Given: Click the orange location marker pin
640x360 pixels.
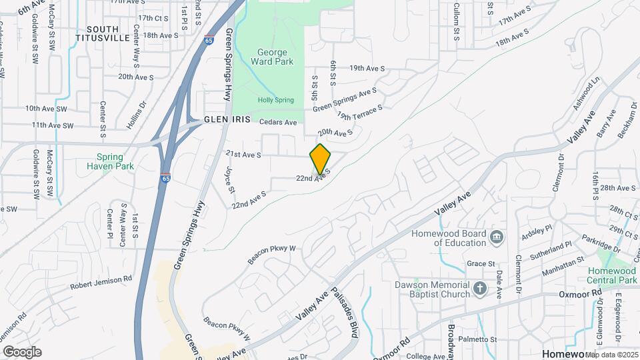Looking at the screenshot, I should pyautogui.click(x=320, y=159).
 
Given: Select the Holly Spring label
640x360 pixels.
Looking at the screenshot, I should pyautogui.click(x=275, y=100).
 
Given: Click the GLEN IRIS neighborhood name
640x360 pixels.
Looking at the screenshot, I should pyautogui.click(x=227, y=120).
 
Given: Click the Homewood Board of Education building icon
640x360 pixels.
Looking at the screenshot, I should pyautogui.click(x=497, y=237).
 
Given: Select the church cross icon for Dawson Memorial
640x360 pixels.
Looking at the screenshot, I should pyautogui.click(x=480, y=289).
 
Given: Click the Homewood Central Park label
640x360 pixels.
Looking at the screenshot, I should pyautogui.click(x=612, y=275).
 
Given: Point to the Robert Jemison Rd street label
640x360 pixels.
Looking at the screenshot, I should pyautogui.click(x=101, y=283).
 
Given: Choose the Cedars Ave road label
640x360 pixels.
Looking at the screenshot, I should pyautogui.click(x=277, y=123).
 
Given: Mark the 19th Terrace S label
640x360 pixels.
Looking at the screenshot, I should pyautogui.click(x=360, y=112).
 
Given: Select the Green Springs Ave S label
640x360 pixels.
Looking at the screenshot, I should pyautogui.click(x=345, y=99).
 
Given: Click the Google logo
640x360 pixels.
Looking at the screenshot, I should pyautogui.click(x=22, y=351).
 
